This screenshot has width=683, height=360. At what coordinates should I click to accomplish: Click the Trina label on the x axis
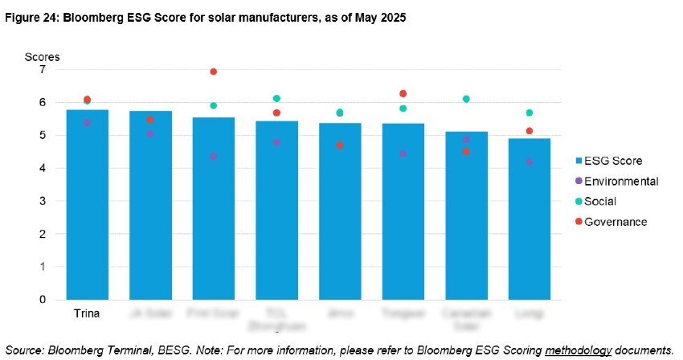pyautogui.click(x=87, y=313)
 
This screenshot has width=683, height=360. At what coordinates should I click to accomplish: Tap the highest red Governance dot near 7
pyautogui.click(x=214, y=72)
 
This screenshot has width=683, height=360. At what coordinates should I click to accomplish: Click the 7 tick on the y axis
pyautogui.click(x=43, y=70)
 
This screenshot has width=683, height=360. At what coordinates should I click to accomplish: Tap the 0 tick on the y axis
pyautogui.click(x=43, y=300)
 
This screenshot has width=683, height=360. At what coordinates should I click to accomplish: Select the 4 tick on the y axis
pyautogui.click(x=43, y=169)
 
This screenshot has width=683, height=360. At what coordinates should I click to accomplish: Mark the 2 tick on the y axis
pyautogui.click(x=43, y=234)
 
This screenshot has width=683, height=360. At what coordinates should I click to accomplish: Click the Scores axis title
pyautogui.click(x=42, y=56)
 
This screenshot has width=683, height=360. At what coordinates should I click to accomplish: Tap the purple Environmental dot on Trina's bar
pyautogui.click(x=87, y=123)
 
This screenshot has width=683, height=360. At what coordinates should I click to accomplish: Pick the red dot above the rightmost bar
pyautogui.click(x=529, y=131)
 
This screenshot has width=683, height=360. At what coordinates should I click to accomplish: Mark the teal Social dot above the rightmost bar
pyautogui.click(x=529, y=112)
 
